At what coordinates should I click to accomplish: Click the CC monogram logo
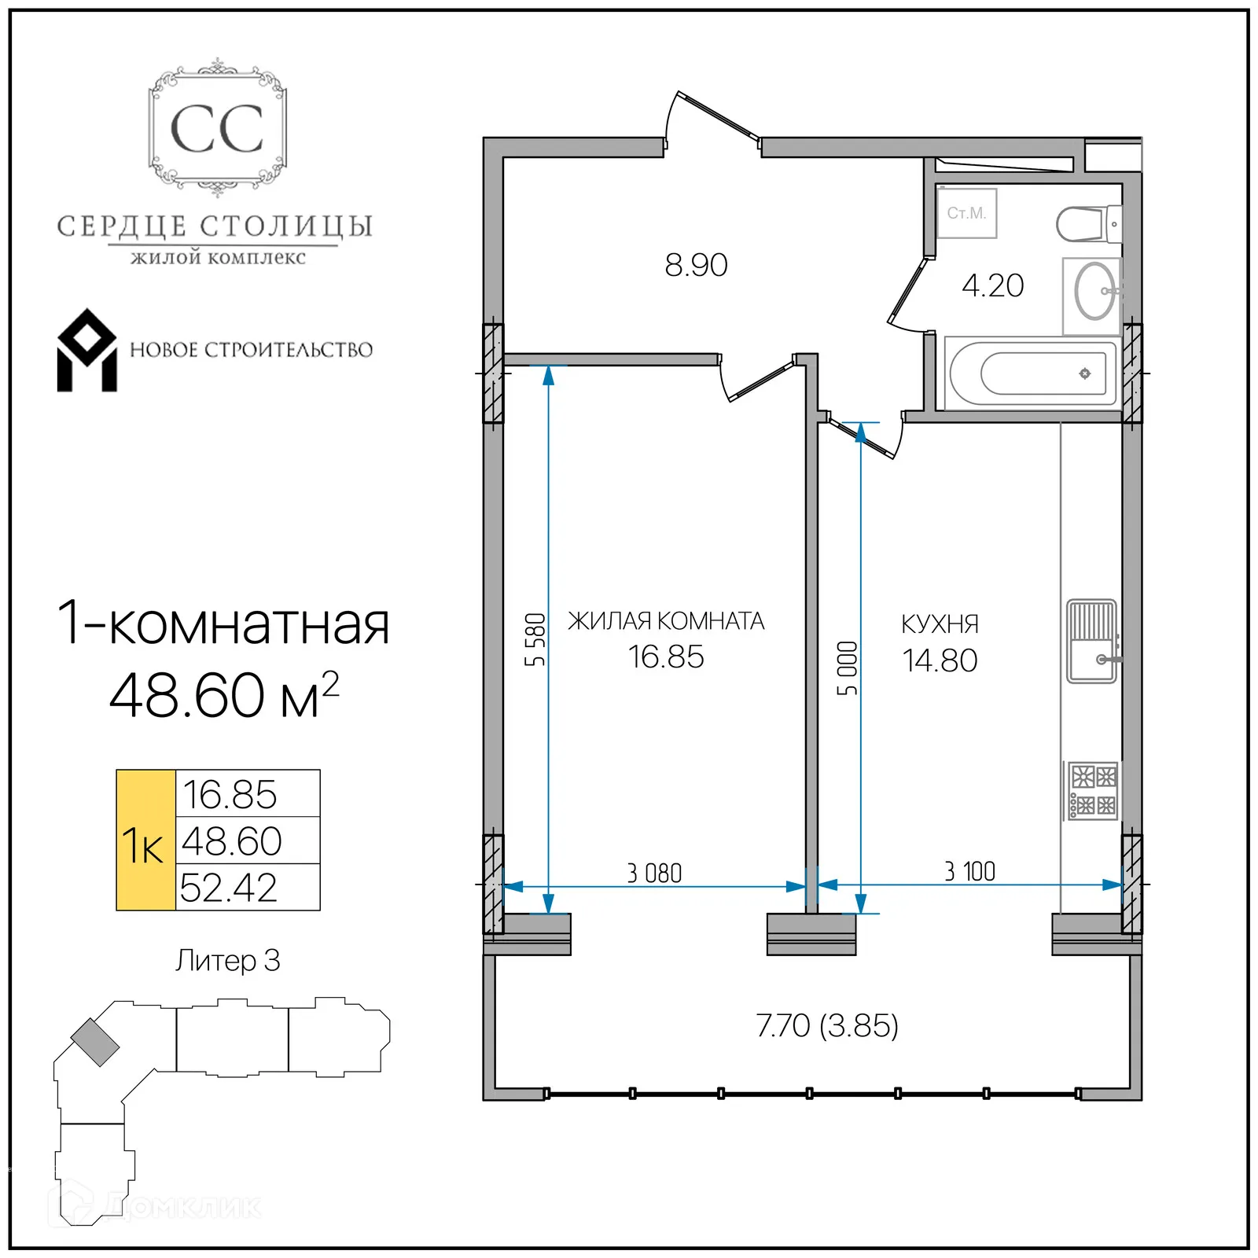point(217,128)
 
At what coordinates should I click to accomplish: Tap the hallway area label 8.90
point(696,265)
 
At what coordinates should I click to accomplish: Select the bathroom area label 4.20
point(992,285)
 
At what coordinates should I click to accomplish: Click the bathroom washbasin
point(1094,291)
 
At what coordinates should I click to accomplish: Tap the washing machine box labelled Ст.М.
point(966,213)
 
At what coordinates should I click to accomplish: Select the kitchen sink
point(1092,642)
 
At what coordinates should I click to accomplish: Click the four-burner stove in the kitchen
point(1093,791)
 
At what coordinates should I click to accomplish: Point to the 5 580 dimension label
point(535,639)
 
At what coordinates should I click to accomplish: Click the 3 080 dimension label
point(654,873)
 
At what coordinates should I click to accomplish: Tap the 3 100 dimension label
point(969,871)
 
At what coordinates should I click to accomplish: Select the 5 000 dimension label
point(847,668)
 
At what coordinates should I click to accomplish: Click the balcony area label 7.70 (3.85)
point(827,1026)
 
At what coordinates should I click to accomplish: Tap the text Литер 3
point(228,961)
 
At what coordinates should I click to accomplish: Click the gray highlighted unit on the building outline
point(95,1042)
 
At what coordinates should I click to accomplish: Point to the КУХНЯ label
point(940,624)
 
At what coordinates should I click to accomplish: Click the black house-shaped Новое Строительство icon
point(86,351)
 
